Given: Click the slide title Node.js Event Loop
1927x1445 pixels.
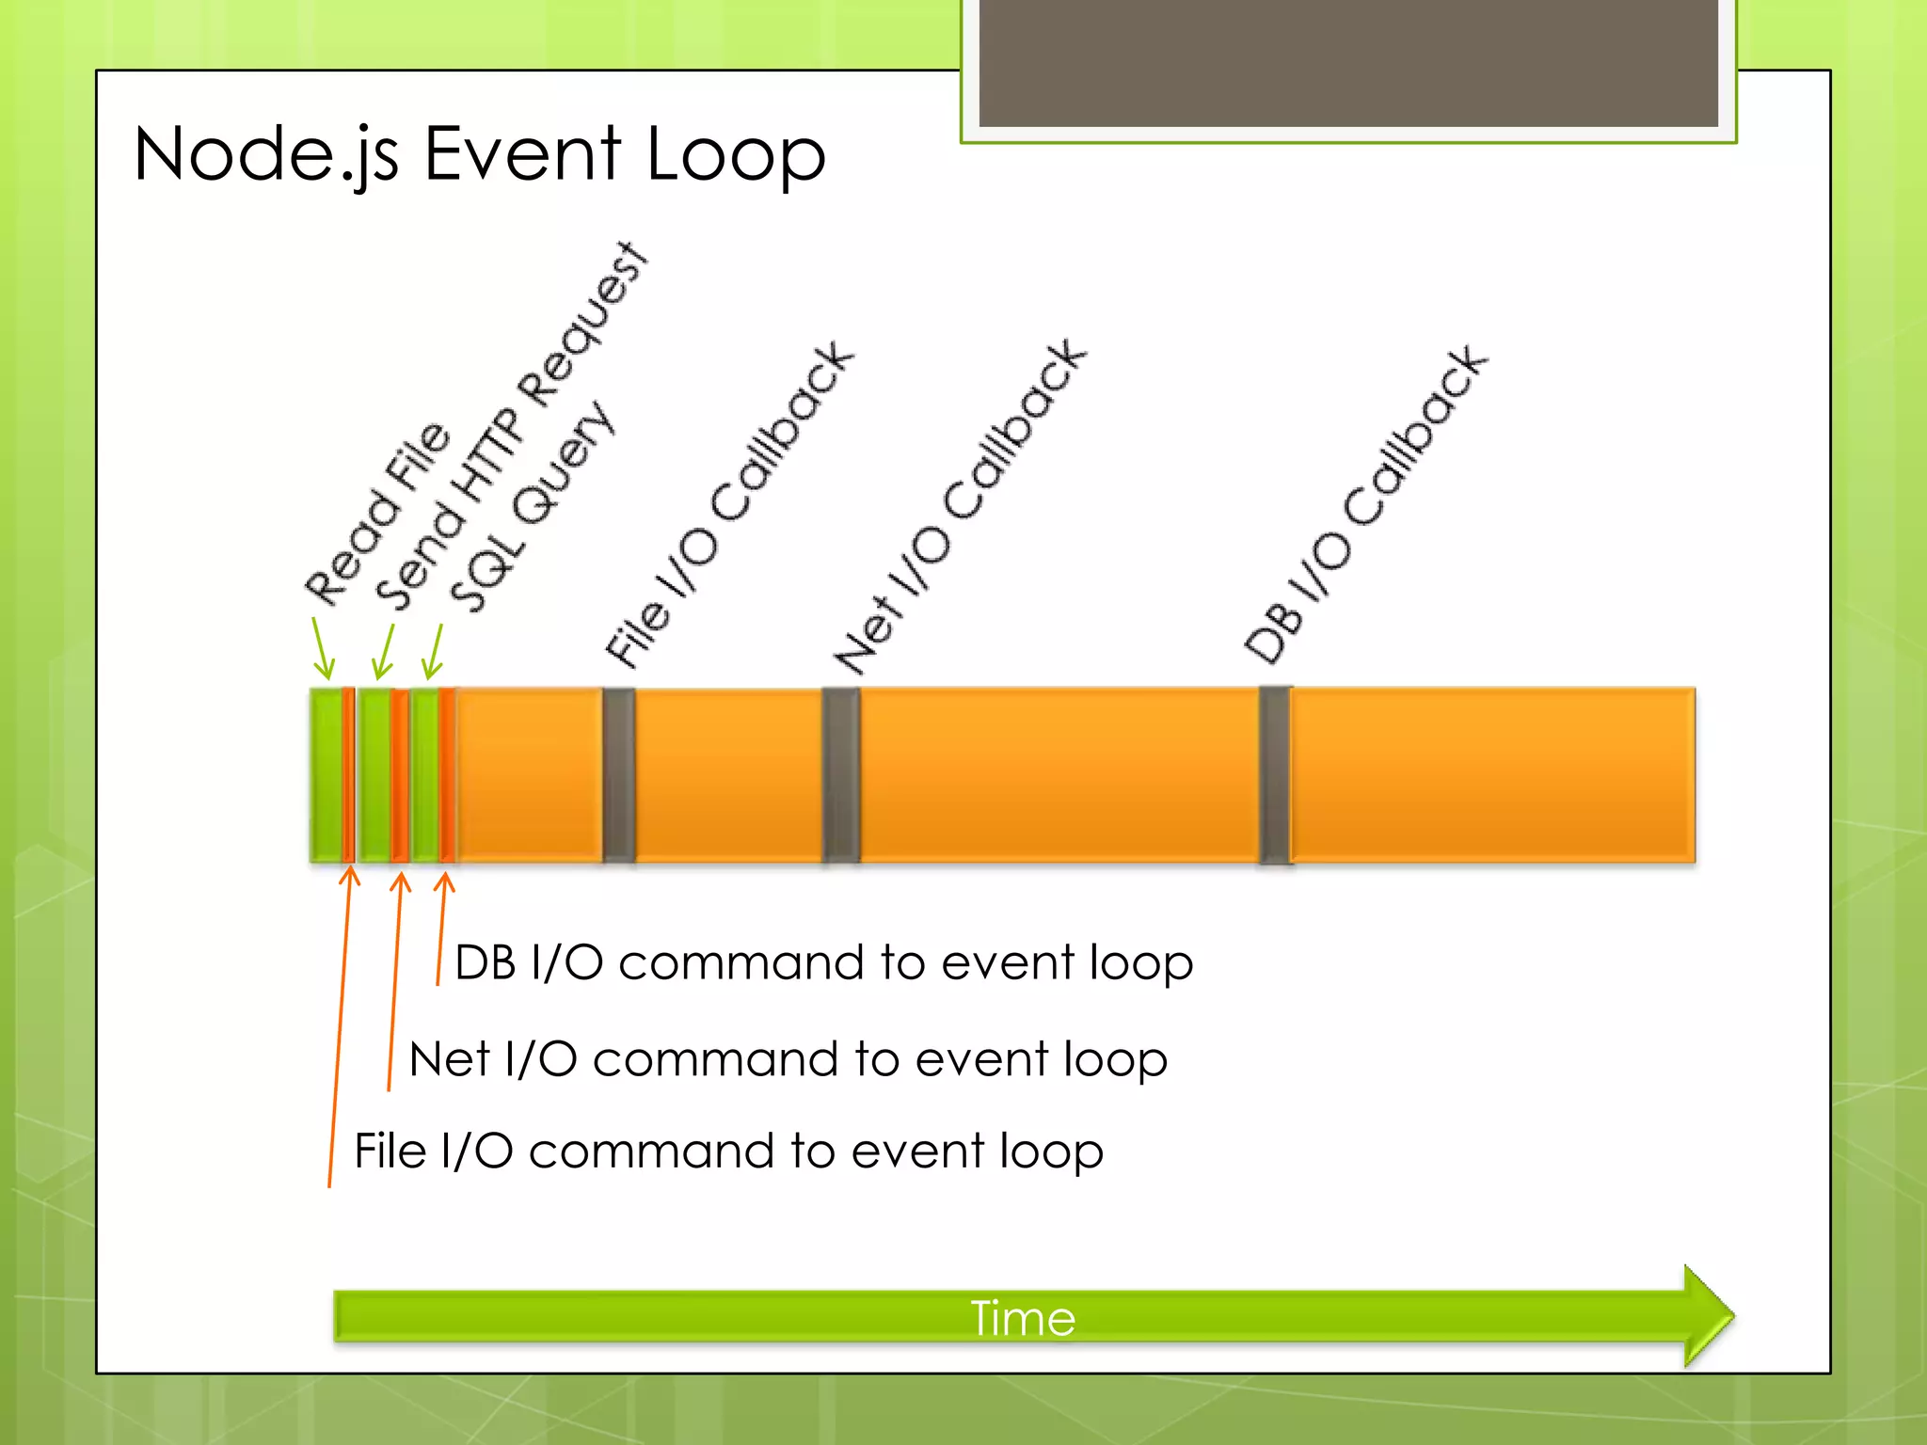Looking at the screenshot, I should tap(480, 155).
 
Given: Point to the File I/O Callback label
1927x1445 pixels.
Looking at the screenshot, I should tap(729, 503).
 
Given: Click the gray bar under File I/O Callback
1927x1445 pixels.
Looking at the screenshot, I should tap(618, 774).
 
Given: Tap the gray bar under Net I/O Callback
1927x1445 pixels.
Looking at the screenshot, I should tap(840, 774).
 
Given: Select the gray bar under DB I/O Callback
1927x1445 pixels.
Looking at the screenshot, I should tap(1275, 774).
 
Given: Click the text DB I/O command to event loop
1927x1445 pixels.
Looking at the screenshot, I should tap(823, 963).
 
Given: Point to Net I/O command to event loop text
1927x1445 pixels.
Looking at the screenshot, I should tap(788, 1059).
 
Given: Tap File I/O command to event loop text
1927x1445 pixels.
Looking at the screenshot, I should tap(728, 1151).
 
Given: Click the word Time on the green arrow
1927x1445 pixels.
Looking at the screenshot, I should tap(1023, 1318).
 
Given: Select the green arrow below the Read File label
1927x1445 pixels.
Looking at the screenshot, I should tap(323, 649).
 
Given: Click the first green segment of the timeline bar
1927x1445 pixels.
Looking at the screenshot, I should tap(326, 774).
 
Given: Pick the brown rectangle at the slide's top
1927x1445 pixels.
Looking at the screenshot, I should tap(1348, 62).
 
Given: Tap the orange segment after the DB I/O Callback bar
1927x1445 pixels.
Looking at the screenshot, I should tap(1493, 774).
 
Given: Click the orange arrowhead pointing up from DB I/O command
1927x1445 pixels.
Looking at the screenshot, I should tap(445, 882).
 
